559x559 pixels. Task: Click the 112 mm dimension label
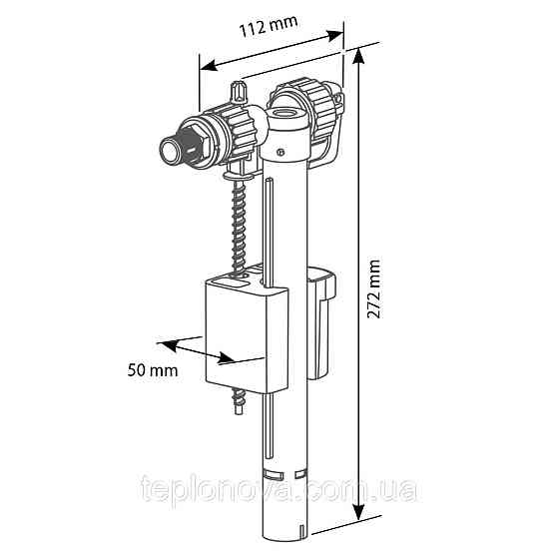269,26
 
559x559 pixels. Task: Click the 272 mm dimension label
373,288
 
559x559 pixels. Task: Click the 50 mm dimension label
153,370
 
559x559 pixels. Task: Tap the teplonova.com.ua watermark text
279,488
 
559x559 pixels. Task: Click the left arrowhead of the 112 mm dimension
209,66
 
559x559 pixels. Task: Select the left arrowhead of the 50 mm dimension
167,345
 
